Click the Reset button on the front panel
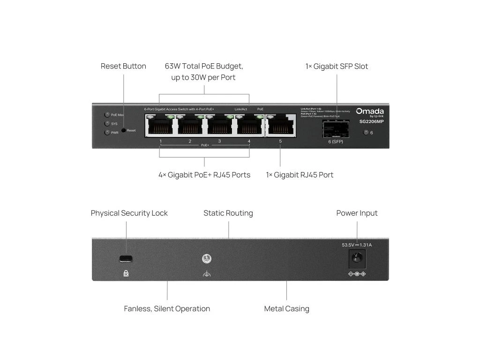124,130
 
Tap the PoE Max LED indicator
107,114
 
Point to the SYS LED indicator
107,124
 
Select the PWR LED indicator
107,133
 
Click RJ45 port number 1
160,125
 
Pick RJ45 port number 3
219,125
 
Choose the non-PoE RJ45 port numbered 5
280,125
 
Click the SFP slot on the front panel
335,128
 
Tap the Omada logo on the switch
370,111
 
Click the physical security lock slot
126,258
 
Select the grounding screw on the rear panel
205,259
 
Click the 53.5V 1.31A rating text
357,245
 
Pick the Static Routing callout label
228,213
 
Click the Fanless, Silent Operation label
167,308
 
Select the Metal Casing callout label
286,308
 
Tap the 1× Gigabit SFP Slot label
337,67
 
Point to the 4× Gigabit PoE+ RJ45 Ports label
204,175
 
